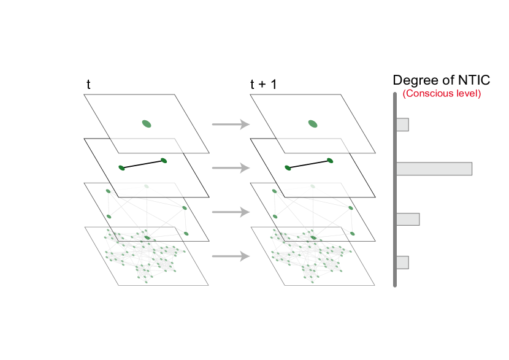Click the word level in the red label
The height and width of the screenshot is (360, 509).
click(467, 94)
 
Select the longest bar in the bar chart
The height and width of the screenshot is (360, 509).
click(434, 169)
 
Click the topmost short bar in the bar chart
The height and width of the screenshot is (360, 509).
click(402, 124)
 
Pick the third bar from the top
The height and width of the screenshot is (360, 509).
click(408, 219)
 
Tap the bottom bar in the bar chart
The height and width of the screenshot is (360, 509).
click(402, 262)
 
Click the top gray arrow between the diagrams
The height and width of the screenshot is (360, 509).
click(231, 124)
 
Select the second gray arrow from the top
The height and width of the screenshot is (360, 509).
click(231, 168)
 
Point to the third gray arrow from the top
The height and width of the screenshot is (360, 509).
click(231, 212)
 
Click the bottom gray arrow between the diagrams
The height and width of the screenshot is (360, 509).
click(231, 256)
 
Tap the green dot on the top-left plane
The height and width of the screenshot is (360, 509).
click(147, 124)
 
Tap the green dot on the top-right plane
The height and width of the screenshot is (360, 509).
click(313, 124)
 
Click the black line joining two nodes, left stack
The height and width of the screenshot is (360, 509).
click(143, 164)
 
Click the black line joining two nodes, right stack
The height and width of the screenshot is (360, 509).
click(309, 164)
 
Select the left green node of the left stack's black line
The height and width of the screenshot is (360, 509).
click(121, 168)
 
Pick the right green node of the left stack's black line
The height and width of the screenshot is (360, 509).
click(164, 161)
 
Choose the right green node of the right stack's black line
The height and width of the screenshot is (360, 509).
click(330, 161)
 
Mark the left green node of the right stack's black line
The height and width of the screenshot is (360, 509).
click(288, 168)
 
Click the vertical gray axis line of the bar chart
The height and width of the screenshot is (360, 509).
click(394, 190)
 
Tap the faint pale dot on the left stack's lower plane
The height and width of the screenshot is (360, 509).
click(147, 186)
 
